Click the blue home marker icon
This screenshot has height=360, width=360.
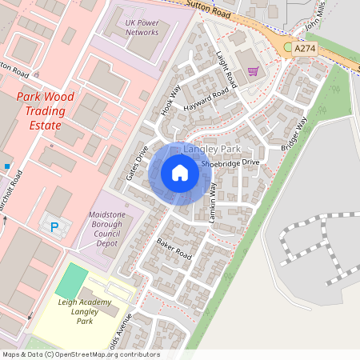(179, 172)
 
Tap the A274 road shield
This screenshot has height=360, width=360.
(305, 49)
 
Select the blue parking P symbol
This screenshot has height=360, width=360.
(54, 226)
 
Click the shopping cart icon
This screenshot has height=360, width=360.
(253, 71)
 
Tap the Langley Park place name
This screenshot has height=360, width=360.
(211, 150)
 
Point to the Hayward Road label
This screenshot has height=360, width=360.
(206, 98)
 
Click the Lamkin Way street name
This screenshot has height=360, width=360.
(213, 201)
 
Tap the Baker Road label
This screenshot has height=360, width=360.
(174, 247)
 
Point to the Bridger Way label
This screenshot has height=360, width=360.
(294, 134)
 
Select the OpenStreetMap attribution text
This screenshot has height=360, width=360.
(80, 354)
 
